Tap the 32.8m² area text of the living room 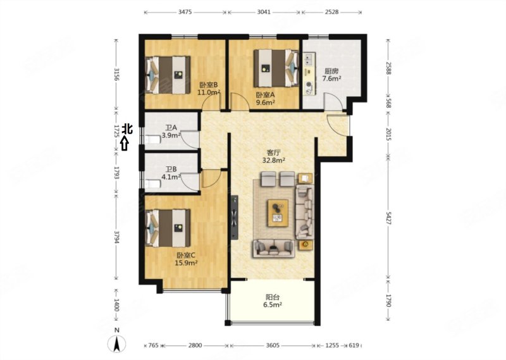click(x=274, y=159)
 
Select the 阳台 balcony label click(x=273, y=297)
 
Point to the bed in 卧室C click(x=168, y=228)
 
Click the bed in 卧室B click(x=168, y=75)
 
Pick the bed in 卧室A click(x=276, y=68)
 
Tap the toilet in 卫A click(x=152, y=140)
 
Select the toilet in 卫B click(x=152, y=184)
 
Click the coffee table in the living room click(x=278, y=213)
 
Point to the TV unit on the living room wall click(x=234, y=217)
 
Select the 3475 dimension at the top click(x=185, y=12)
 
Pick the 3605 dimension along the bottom click(x=273, y=345)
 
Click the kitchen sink click(x=309, y=59)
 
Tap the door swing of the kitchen click(x=333, y=101)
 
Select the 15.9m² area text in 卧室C click(x=186, y=263)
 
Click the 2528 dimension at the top click(x=331, y=12)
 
